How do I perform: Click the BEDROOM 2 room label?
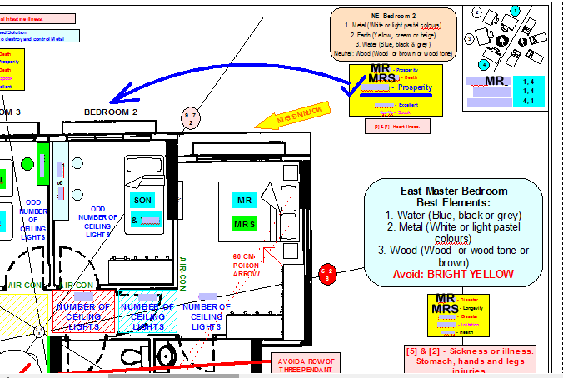pos(111,112)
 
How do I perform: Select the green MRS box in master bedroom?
pos(244,224)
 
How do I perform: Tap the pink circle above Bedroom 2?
pos(189,117)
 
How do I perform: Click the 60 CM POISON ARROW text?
pos(247,265)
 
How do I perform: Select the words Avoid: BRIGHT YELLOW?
pos(454,274)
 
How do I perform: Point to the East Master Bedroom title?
pos(454,191)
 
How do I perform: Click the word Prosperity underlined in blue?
pos(414,87)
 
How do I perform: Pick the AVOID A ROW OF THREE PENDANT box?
pos(306,366)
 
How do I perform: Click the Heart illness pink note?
pos(396,127)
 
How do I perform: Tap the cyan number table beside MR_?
pos(527,91)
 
